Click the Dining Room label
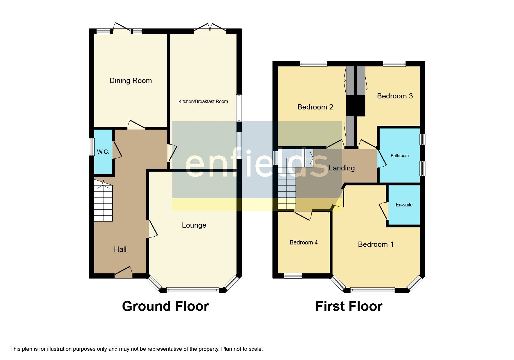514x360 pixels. click(x=130, y=81)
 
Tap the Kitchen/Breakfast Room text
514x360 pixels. click(x=203, y=101)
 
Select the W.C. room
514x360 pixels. click(x=103, y=152)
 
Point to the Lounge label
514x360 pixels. click(x=194, y=225)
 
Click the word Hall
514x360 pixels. click(x=120, y=249)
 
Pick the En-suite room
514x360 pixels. click(x=404, y=205)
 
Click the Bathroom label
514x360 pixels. click(x=399, y=156)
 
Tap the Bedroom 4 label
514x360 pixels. click(x=303, y=242)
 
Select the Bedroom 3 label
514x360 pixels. click(x=394, y=96)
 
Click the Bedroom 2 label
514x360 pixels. click(x=315, y=107)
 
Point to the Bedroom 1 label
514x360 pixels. click(x=376, y=244)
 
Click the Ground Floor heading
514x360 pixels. click(x=165, y=306)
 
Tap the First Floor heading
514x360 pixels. click(x=349, y=306)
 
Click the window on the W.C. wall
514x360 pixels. click(x=92, y=147)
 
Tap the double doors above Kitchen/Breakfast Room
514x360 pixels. click(x=210, y=28)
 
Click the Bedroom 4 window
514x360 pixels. click(x=293, y=276)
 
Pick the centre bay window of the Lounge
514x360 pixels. click(x=193, y=290)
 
